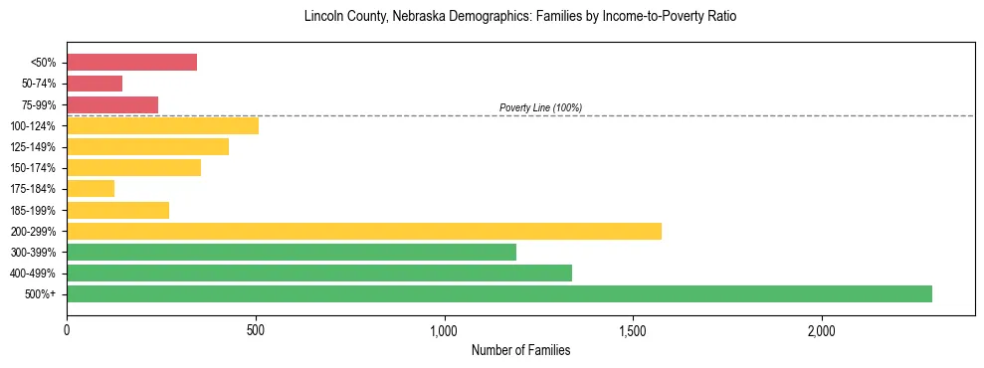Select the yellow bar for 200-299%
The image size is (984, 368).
[x=364, y=231]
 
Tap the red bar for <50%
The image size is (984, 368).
[x=131, y=63]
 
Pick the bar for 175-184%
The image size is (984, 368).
[x=91, y=188]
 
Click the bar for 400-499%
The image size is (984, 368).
[x=319, y=273]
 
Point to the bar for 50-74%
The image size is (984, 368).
[x=95, y=84]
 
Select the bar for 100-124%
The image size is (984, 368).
[x=162, y=125]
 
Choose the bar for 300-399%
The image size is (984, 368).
[x=292, y=252]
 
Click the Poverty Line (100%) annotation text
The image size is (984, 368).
[x=540, y=107]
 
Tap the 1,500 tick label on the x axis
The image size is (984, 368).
[x=633, y=330]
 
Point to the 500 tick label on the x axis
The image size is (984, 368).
[x=256, y=330]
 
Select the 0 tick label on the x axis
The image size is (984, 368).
[x=67, y=330]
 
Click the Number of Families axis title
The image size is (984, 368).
[x=520, y=350]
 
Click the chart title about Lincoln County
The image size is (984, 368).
[x=520, y=17]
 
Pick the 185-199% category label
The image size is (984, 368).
[x=34, y=210]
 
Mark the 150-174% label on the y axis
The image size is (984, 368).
[x=34, y=168]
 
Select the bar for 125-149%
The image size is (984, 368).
[x=147, y=146]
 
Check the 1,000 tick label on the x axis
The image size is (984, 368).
[x=444, y=330]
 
